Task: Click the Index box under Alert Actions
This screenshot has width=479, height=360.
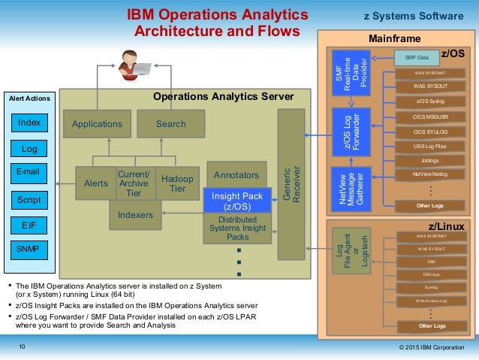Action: [29, 123]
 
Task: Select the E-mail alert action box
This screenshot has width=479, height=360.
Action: [29, 173]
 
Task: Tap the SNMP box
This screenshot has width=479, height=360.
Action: [29, 248]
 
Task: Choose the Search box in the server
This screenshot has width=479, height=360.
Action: [170, 124]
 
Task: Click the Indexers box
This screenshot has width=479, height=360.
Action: [135, 214]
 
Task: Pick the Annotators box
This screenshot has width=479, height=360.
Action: [236, 175]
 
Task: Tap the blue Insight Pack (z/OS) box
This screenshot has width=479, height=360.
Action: [236, 201]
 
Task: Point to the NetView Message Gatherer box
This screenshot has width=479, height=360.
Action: [351, 186]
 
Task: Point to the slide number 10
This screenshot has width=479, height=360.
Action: [22, 346]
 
